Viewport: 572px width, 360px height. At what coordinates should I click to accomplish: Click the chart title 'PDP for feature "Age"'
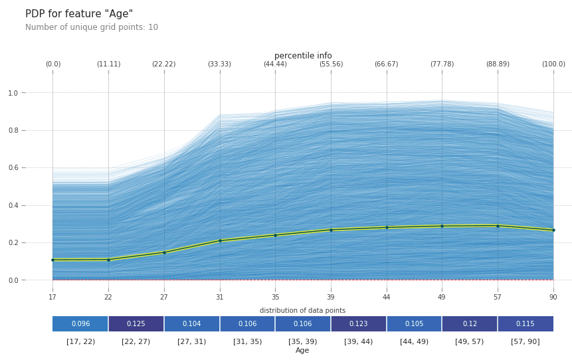79,14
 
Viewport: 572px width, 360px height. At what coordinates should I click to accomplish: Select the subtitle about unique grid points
92,28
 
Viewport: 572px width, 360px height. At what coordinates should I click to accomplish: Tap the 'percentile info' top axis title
303,56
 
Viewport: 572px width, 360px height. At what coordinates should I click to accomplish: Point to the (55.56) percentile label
331,64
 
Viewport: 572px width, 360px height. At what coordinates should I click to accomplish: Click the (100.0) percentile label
553,64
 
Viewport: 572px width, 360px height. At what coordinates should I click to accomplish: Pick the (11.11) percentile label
108,64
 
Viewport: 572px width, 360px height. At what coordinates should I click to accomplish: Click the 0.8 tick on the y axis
13,131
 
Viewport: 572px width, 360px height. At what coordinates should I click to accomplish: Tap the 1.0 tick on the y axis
13,93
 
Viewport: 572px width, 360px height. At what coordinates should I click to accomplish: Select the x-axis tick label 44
387,298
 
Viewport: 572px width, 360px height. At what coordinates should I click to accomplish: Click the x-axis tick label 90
553,298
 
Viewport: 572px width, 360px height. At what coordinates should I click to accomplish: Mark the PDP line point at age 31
220,240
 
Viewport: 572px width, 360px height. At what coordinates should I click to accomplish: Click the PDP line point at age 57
498,226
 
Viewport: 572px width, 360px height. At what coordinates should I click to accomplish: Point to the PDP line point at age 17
53,260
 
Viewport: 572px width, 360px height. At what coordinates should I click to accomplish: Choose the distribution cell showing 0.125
136,324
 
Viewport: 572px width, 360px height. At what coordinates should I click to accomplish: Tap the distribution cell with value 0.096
80,324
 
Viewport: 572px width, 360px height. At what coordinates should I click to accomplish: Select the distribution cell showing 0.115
525,324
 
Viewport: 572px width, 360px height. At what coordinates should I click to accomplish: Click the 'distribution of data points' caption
302,311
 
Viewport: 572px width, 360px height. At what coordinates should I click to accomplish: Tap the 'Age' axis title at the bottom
302,351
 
